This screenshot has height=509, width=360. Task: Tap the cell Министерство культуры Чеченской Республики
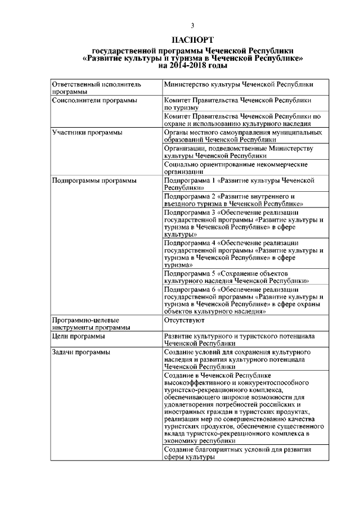point(238,84)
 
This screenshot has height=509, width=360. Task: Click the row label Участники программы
point(79,132)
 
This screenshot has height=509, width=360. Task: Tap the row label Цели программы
point(70,336)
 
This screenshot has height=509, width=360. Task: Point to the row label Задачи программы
point(73,353)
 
